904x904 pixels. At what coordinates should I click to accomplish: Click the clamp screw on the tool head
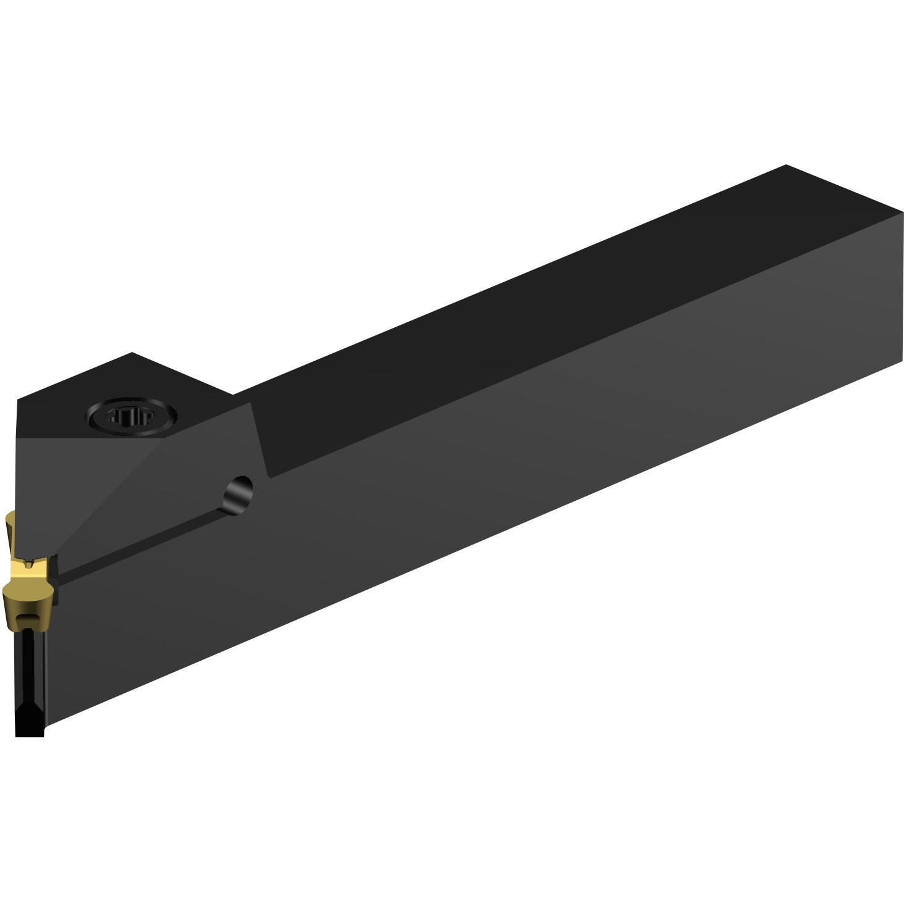[133, 419]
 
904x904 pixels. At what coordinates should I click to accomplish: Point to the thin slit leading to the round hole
[142, 543]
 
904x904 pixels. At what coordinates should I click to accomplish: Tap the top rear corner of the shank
[786, 165]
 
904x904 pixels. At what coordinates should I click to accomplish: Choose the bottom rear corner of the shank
[902, 364]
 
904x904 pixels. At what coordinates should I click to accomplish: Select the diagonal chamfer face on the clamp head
[93, 488]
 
